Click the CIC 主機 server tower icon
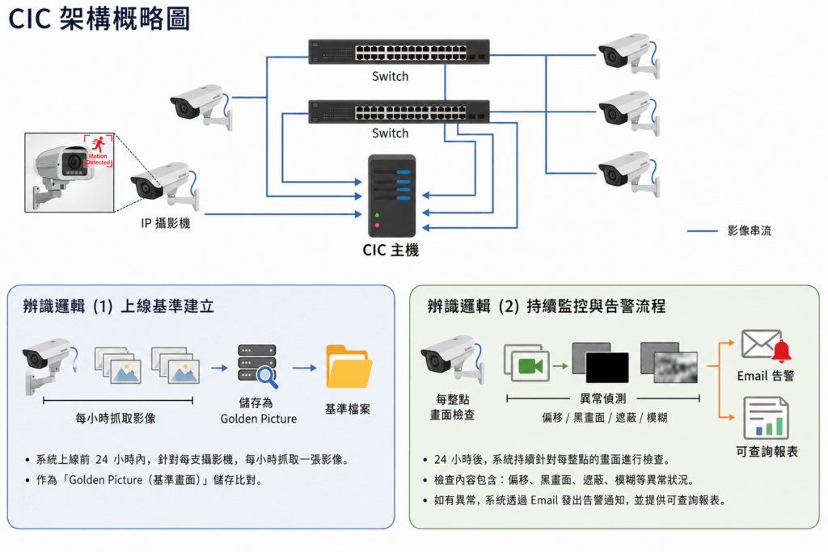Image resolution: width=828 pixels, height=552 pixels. click(x=392, y=196)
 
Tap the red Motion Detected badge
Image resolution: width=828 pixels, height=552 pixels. click(x=98, y=151)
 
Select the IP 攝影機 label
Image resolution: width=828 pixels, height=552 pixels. click(x=165, y=223)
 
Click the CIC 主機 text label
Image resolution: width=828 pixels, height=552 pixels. click(x=391, y=251)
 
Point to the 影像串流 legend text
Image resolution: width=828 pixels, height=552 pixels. click(x=750, y=230)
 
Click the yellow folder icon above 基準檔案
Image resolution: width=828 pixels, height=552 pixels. click(x=349, y=367)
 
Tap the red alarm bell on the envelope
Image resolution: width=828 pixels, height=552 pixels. click(x=782, y=351)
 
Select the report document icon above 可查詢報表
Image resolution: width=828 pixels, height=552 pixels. click(x=767, y=419)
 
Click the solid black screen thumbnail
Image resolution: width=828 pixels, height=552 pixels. click(x=606, y=367)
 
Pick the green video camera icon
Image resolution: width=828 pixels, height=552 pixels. click(x=530, y=366)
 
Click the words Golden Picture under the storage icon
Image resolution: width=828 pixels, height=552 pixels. click(x=259, y=419)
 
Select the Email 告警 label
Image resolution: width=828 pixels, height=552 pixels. click(x=766, y=376)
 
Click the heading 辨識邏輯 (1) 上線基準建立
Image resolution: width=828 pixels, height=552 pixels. click(x=119, y=306)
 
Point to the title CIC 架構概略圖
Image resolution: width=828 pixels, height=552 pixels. click(x=99, y=19)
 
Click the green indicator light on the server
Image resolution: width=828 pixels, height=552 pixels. click(x=377, y=215)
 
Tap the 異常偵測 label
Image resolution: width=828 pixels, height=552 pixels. click(x=603, y=398)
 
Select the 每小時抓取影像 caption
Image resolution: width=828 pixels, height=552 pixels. click(x=116, y=419)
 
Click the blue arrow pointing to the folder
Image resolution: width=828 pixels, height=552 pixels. click(x=304, y=368)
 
